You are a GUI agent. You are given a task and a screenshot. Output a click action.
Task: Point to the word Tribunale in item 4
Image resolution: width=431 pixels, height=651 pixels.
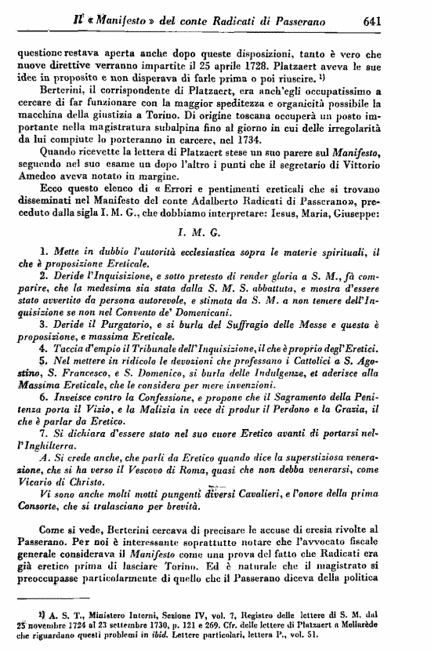click(x=139, y=347)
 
